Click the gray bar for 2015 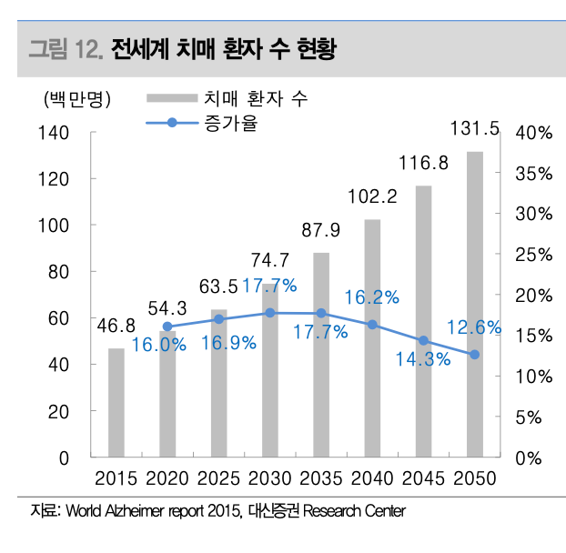click(x=116, y=403)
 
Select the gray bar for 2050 click(x=475, y=305)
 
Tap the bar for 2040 click(x=372, y=338)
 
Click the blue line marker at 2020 click(x=167, y=327)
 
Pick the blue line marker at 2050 click(x=475, y=355)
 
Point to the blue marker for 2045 click(x=423, y=340)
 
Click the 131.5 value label click(x=475, y=130)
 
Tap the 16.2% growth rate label click(x=371, y=297)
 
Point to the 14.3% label click(x=422, y=359)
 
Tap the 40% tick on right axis click(x=533, y=133)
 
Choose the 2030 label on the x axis click(x=269, y=478)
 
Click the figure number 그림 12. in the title click(x=65, y=48)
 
